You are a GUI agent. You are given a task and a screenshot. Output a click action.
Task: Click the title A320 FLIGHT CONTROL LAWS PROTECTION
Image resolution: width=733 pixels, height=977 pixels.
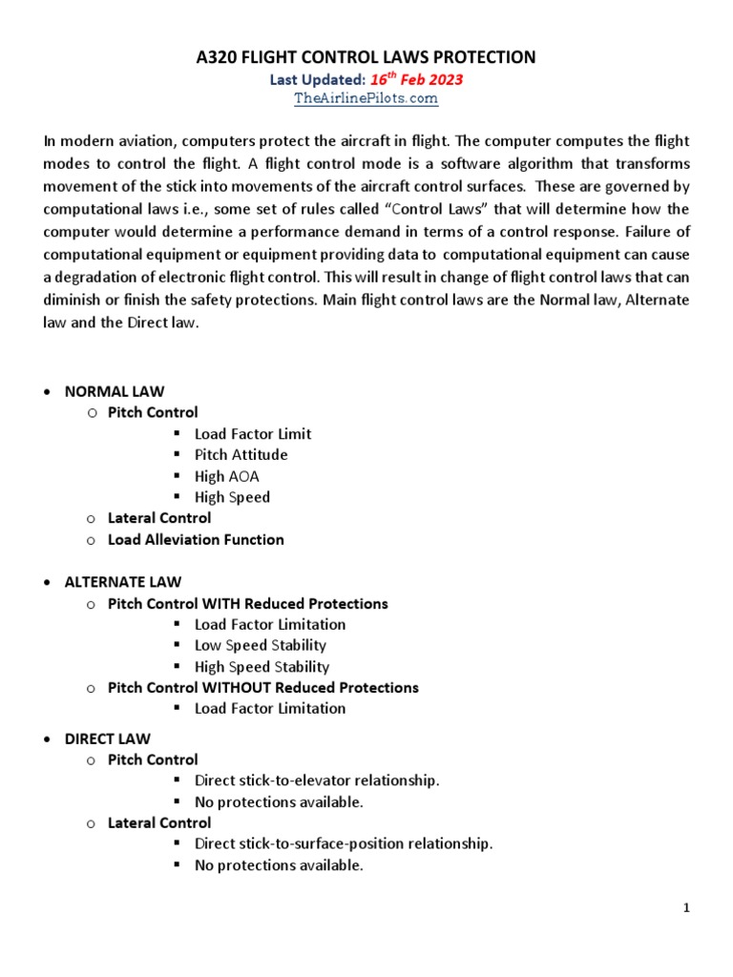pos(366,58)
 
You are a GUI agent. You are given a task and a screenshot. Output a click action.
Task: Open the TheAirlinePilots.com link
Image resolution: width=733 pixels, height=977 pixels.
pos(366,98)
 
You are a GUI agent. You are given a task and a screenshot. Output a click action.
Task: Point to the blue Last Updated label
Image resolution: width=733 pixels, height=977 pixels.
pos(316,80)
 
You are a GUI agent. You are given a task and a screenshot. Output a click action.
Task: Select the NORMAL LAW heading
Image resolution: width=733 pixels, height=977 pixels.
pos(114,391)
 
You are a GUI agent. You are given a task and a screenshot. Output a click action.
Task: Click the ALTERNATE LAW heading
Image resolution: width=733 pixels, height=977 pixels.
pos(122,582)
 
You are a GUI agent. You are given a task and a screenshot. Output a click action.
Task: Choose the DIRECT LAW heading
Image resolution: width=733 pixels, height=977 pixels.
pos(107,738)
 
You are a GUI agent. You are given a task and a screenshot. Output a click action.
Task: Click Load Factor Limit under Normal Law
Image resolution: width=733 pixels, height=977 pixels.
pos(252,434)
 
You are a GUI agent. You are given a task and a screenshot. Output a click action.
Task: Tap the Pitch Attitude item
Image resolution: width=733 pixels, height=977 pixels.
pos(241,455)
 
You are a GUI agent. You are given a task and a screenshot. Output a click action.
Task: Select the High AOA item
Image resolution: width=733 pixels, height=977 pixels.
pos(226,476)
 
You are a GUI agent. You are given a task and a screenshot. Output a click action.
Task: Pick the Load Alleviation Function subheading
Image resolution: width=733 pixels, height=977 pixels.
pos(196,539)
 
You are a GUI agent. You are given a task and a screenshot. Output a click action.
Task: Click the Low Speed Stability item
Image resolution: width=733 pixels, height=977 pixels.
pos(260,646)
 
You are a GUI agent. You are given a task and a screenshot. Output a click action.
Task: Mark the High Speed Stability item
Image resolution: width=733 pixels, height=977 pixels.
pos(262,667)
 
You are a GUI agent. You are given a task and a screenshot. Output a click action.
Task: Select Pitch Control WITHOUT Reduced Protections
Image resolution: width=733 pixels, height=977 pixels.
pos(262,688)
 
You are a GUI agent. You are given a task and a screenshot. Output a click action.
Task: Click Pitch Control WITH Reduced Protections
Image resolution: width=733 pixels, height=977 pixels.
pos(247,604)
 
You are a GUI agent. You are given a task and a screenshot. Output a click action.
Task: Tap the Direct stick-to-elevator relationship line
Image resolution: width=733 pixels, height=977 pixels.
pos(317,780)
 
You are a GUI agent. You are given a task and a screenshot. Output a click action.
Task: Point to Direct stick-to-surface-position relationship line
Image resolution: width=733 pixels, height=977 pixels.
pos(344,844)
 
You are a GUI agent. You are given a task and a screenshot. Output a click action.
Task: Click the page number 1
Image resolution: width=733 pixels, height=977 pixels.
pos(686,908)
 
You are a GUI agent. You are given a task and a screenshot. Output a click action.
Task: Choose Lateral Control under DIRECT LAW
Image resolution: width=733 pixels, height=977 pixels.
pos(159,822)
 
